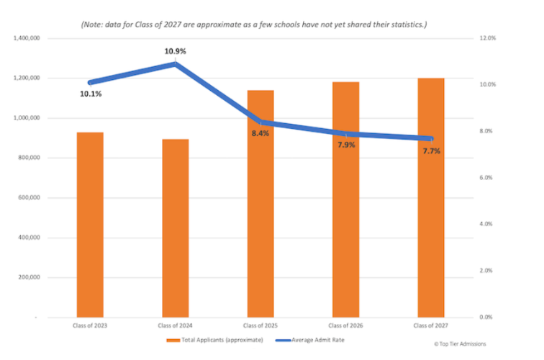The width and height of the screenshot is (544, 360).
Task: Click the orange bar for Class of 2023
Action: click(x=90, y=224)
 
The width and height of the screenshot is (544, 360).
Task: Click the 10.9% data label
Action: click(x=176, y=51)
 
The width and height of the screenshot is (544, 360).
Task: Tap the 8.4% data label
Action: click(x=260, y=133)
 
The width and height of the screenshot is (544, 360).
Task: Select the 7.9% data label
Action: click(x=346, y=145)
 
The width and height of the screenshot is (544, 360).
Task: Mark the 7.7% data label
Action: click(x=431, y=151)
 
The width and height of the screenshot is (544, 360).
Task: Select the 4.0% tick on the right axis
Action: click(x=488, y=224)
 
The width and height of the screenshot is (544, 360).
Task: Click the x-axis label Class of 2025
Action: click(x=260, y=326)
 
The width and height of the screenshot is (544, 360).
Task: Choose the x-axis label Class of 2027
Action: click(x=431, y=326)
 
